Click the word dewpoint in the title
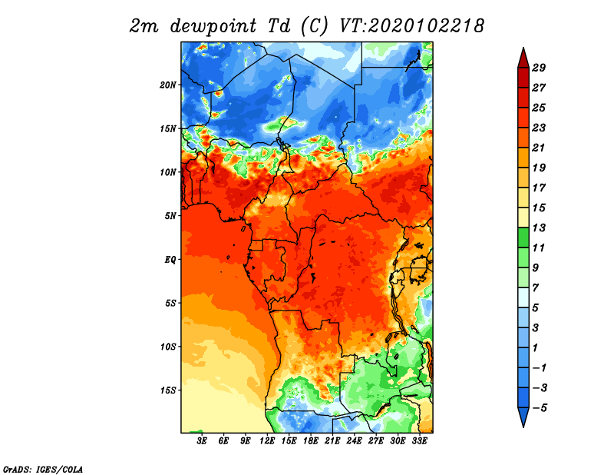213,26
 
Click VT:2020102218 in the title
412,26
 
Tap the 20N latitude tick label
168,85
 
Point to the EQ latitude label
170,259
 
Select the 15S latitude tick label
168,390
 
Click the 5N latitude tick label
170,216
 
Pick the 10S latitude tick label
168,347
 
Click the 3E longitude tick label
202,441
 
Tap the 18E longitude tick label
311,441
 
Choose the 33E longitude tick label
419,441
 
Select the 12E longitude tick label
267,441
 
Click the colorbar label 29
539,68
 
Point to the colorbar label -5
540,408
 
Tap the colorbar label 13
539,228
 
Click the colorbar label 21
539,148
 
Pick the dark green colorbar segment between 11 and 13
523,237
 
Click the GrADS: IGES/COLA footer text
43,469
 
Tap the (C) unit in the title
314,26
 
